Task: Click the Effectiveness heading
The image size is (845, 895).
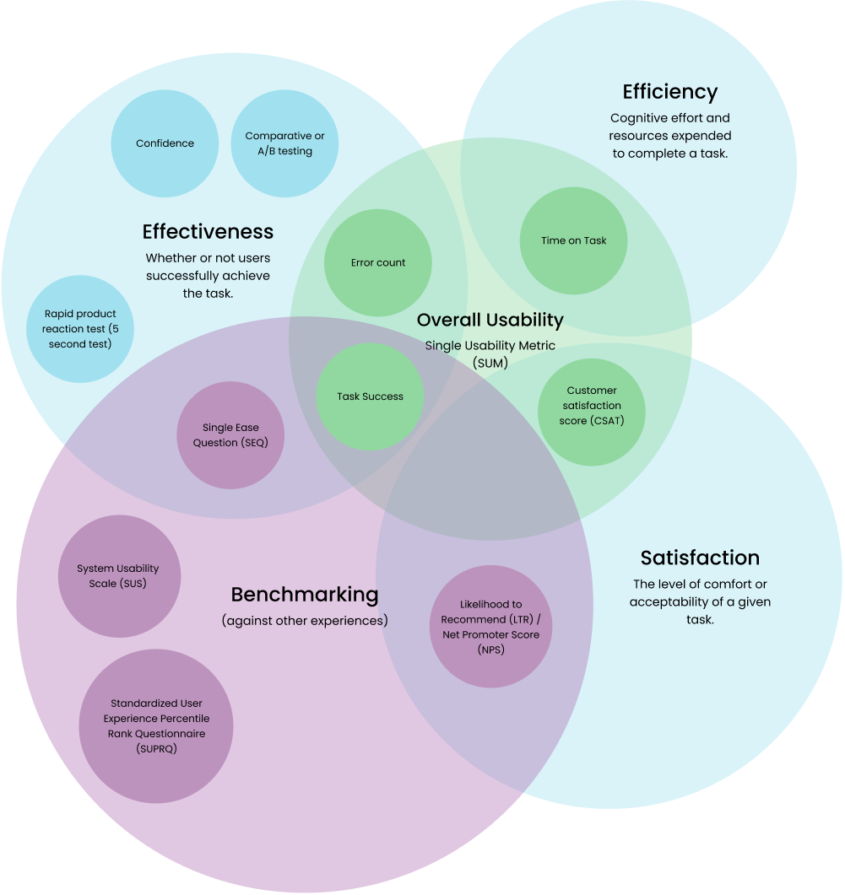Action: [x=208, y=231]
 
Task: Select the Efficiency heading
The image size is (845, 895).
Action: [x=669, y=92]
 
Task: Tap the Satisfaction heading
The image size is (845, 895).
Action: [x=700, y=558]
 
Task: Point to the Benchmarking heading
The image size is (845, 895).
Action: [x=305, y=594]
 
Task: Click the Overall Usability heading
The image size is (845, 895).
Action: [x=490, y=320]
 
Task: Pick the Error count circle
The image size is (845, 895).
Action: [x=378, y=262]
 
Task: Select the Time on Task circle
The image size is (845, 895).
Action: [x=574, y=240]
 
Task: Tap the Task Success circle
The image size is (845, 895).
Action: [x=370, y=396]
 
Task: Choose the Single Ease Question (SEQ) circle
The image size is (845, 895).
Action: [x=230, y=435]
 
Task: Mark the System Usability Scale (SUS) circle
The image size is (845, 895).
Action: [x=118, y=576]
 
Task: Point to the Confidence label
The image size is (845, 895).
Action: [x=165, y=143]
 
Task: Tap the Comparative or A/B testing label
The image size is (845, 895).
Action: [x=284, y=143]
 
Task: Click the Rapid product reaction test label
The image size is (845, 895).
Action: [x=80, y=329]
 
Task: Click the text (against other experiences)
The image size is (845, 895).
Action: [x=305, y=621]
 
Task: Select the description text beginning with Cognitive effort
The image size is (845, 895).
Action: [x=670, y=136]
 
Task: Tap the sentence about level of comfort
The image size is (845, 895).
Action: [x=700, y=601]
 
